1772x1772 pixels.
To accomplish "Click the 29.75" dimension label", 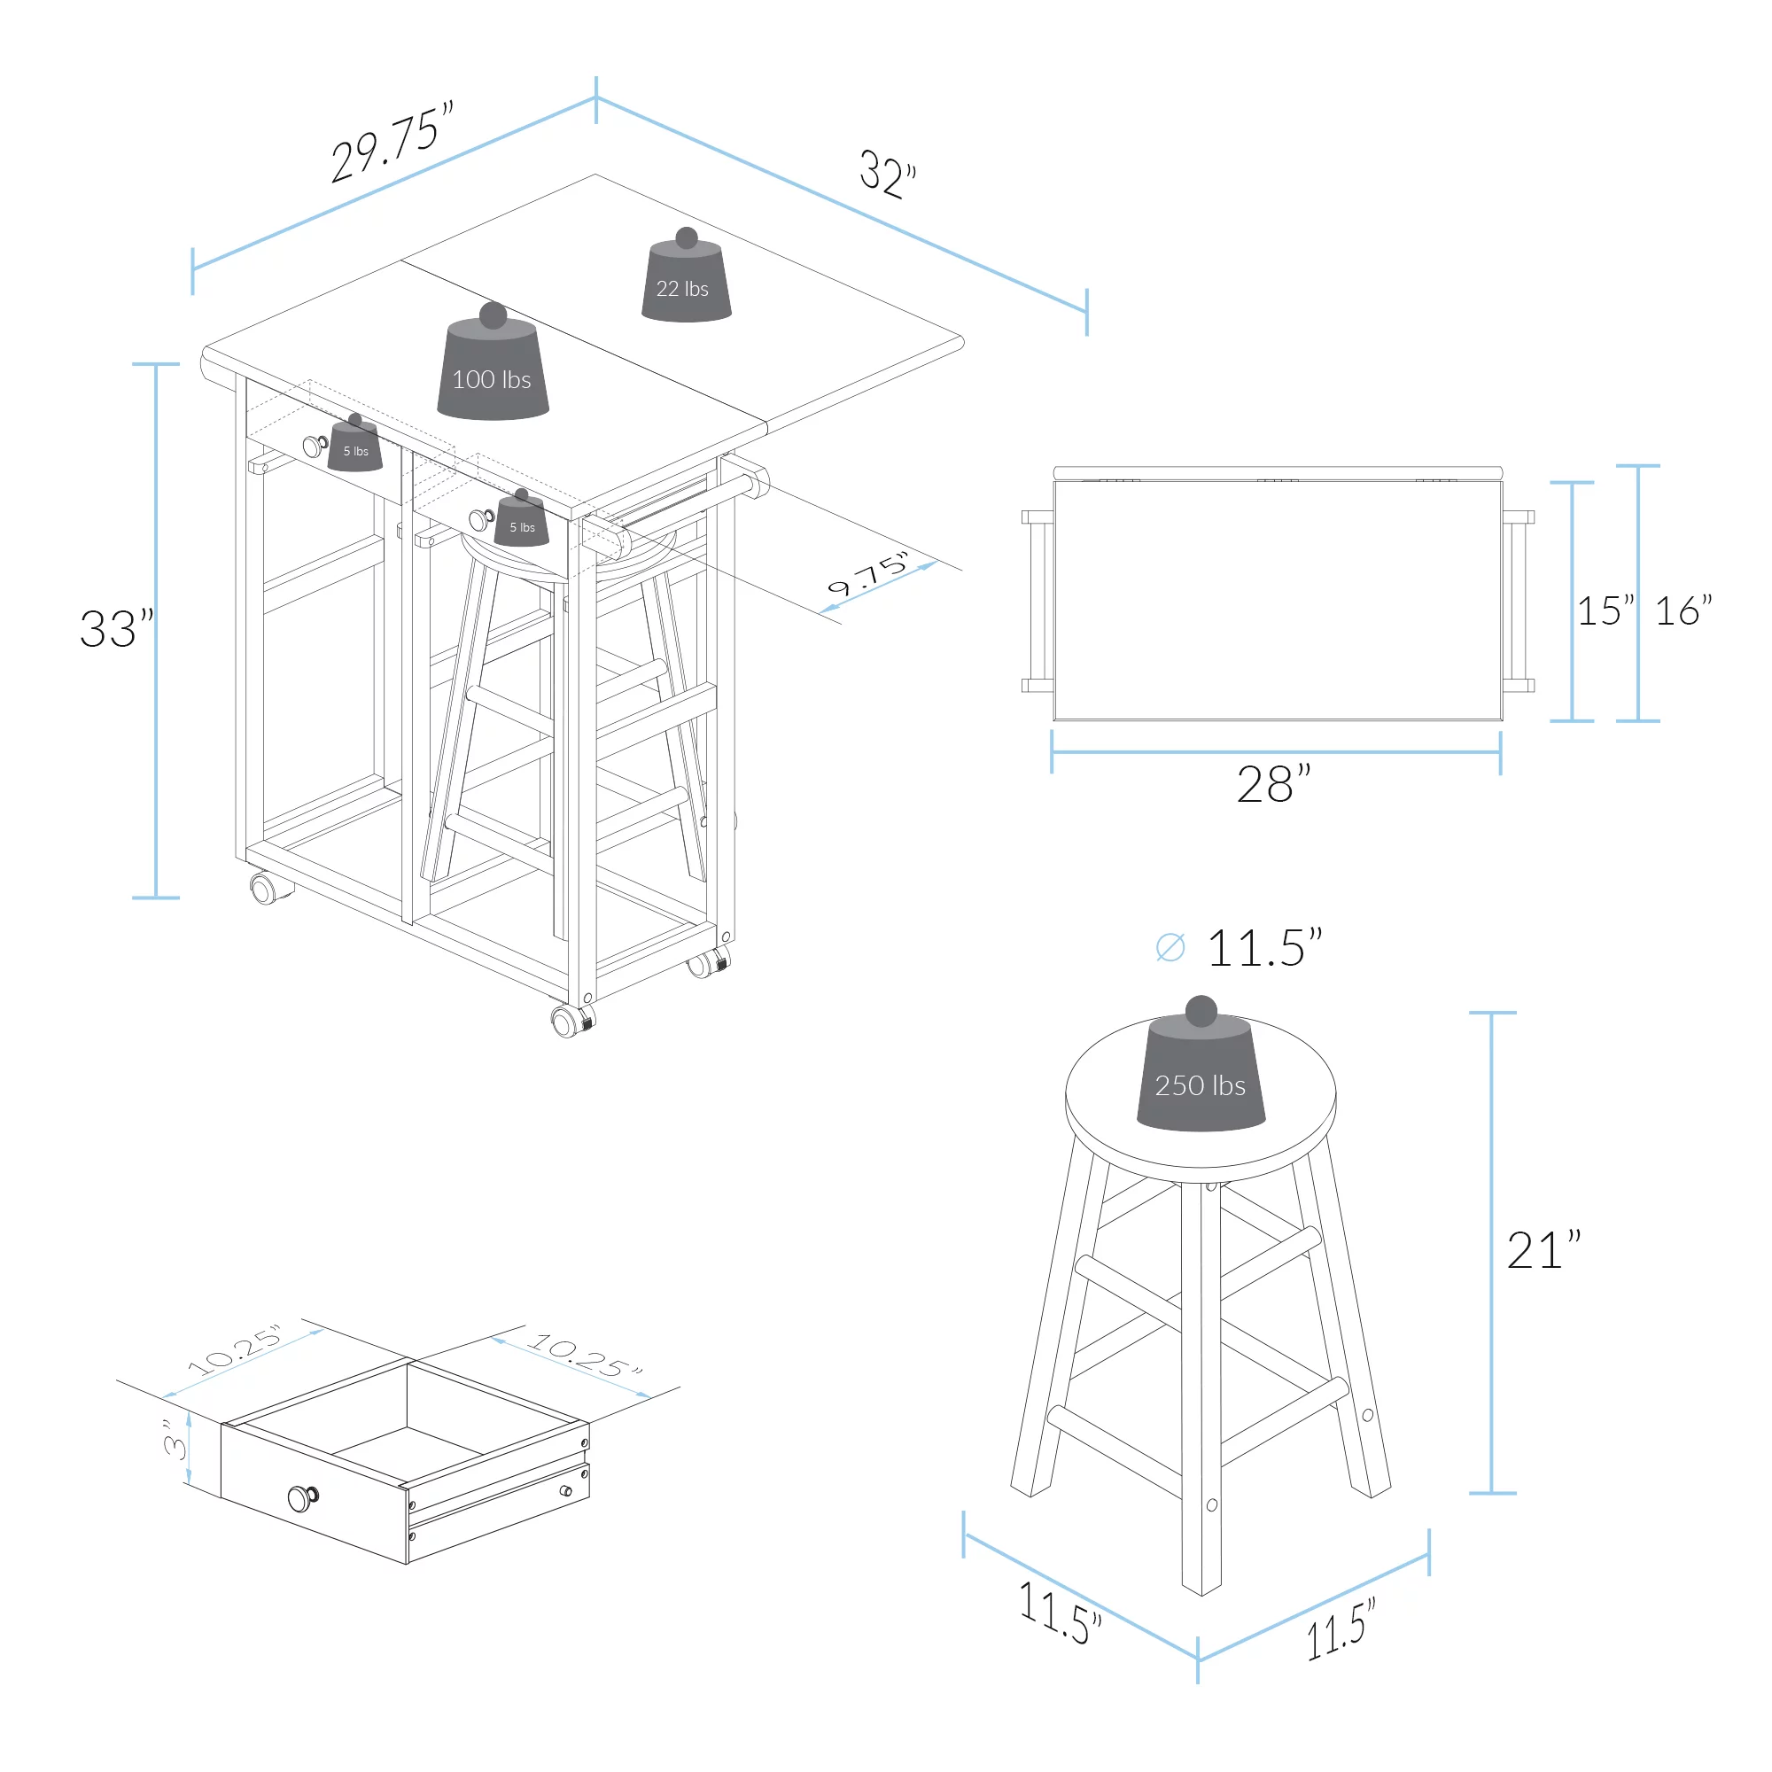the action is (392, 141).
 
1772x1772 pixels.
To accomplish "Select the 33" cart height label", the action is (116, 628).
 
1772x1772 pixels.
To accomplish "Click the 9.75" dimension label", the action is (867, 573).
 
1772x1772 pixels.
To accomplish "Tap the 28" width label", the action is (1273, 784).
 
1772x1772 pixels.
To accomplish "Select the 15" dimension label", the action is (1605, 610).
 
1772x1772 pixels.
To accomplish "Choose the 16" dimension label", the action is (1683, 610).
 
